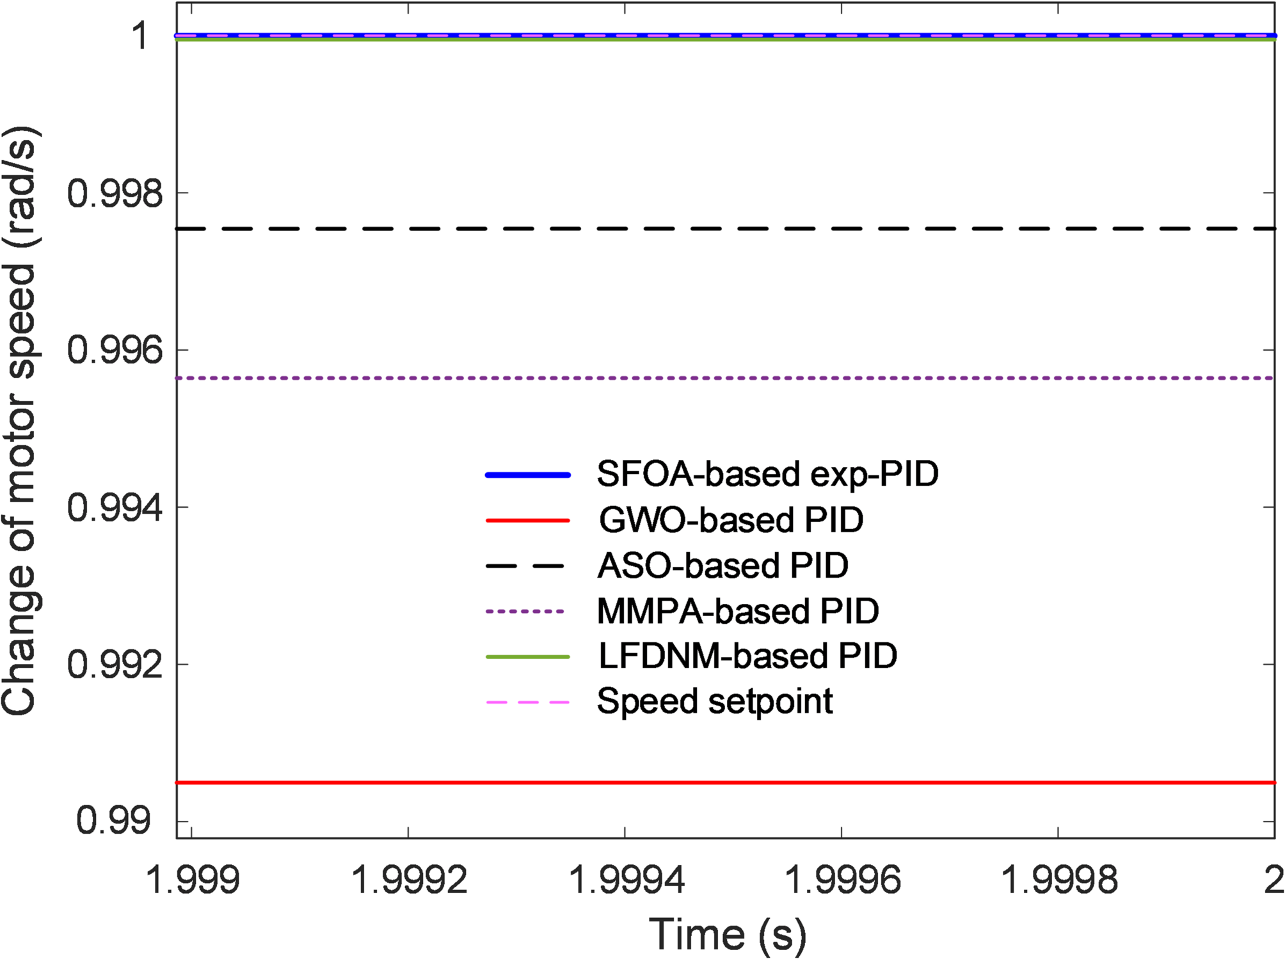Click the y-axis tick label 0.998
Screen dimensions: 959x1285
coord(116,193)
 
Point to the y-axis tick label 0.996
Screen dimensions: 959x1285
coord(116,351)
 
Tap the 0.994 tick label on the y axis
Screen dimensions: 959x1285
coord(116,508)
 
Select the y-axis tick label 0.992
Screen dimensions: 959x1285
coord(116,665)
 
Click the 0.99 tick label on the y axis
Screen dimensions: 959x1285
coord(114,821)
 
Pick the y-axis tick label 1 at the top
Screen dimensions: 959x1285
coord(140,36)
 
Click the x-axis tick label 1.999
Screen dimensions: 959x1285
coord(193,880)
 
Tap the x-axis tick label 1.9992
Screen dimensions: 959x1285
coord(410,880)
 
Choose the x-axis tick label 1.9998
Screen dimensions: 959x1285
coord(1059,880)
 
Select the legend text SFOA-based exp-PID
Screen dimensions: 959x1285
coord(767,475)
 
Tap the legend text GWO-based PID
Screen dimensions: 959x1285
coord(731,520)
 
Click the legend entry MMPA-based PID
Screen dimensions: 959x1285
coord(738,612)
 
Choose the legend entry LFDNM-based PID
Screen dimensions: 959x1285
coord(747,656)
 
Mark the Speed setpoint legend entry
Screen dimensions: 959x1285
coord(715,702)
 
